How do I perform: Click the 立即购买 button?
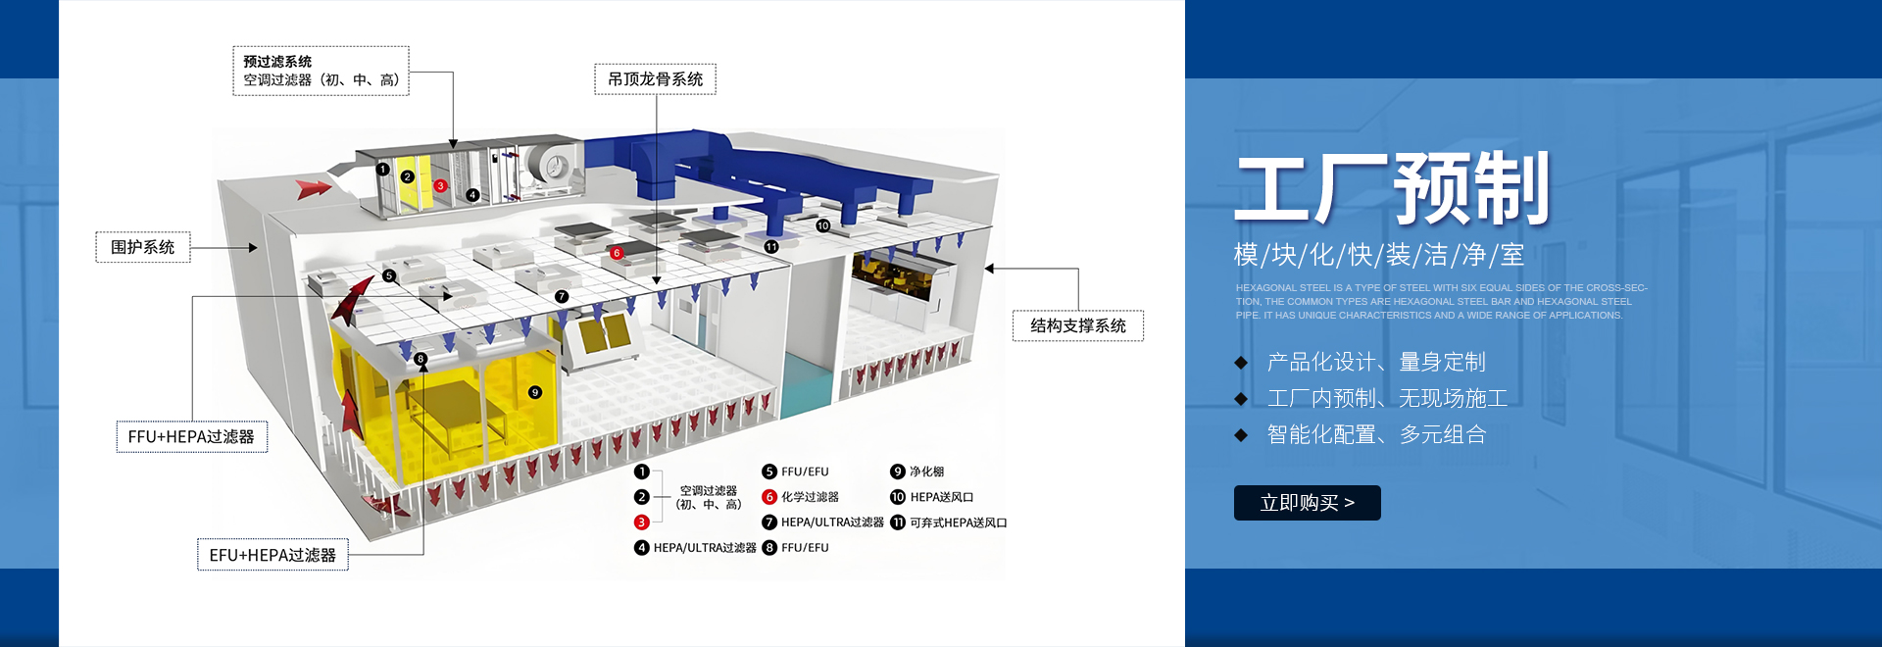(1307, 503)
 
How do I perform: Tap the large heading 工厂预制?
(1392, 188)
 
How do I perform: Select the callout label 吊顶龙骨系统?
(655, 79)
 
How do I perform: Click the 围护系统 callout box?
(143, 247)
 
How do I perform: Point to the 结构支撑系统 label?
(1077, 325)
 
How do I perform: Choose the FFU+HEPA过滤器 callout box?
(191, 436)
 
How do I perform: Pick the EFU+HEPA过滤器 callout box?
(272, 555)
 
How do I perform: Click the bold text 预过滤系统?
(277, 62)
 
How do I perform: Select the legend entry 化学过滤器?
(810, 497)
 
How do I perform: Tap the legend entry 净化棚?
(926, 472)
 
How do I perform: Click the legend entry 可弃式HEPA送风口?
(958, 523)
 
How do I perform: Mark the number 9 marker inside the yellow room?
(535, 392)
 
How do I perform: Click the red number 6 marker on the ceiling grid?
(617, 253)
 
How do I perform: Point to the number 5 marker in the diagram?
(389, 275)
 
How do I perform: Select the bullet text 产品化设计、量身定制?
(1375, 362)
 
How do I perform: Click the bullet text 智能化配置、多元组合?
(1376, 434)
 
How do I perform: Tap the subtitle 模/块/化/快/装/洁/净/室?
(1378, 255)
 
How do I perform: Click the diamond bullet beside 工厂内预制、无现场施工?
(1241, 399)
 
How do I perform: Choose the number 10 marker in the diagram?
(822, 225)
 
